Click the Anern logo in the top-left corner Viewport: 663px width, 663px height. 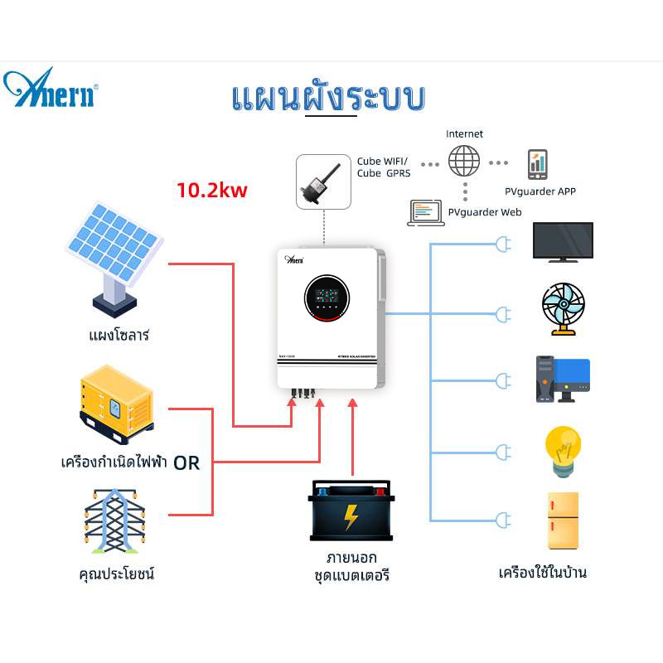point(51,89)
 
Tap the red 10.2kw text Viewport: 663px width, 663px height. point(212,190)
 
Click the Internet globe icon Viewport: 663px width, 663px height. point(464,162)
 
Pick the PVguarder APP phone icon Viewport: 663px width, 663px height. point(537,165)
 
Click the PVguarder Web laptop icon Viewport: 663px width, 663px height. point(426,212)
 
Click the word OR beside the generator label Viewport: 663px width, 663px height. point(187,462)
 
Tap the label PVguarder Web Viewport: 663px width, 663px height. point(485,212)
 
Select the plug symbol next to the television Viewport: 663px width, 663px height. point(502,244)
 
